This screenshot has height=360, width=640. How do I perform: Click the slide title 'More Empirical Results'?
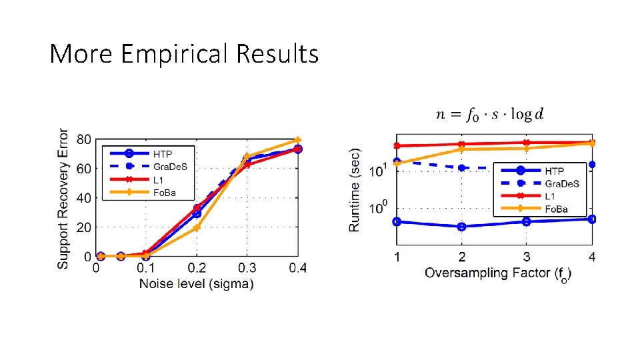[x=184, y=53]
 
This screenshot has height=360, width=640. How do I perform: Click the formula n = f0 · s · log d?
[x=489, y=114]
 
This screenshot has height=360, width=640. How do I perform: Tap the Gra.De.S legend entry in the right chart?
[x=561, y=183]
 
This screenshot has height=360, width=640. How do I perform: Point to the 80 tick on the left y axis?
[x=83, y=140]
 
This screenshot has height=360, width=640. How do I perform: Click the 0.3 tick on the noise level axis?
[x=247, y=268]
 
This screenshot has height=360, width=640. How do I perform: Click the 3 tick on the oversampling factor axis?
[x=527, y=257]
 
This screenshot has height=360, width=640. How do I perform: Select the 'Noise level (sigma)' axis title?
[x=196, y=284]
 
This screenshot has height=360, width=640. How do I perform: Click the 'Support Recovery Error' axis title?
[x=63, y=199]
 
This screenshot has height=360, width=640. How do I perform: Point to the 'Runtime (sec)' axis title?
[x=355, y=190]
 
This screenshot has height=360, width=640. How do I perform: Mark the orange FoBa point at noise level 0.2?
[x=197, y=228]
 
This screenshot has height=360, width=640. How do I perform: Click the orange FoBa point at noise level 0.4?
[x=298, y=141]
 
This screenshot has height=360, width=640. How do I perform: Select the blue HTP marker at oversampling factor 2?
[x=461, y=227]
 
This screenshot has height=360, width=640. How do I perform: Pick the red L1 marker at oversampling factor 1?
[x=397, y=146]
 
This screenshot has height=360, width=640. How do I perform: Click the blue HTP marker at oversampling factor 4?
[x=592, y=219]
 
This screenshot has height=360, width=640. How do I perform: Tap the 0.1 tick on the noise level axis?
[x=145, y=268]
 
